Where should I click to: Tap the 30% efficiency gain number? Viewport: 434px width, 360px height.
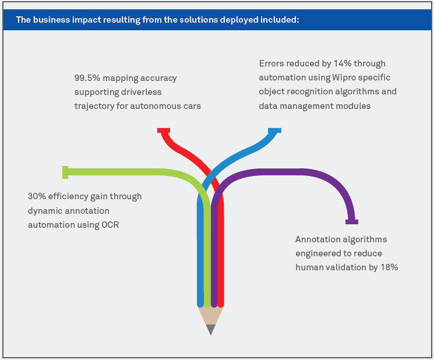click(37, 196)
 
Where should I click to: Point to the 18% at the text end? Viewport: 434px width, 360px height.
click(389, 267)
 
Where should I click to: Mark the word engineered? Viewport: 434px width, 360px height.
click(321, 253)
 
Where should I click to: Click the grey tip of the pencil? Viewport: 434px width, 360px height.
click(211, 330)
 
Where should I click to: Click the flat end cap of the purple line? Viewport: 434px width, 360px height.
click(351, 221)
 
